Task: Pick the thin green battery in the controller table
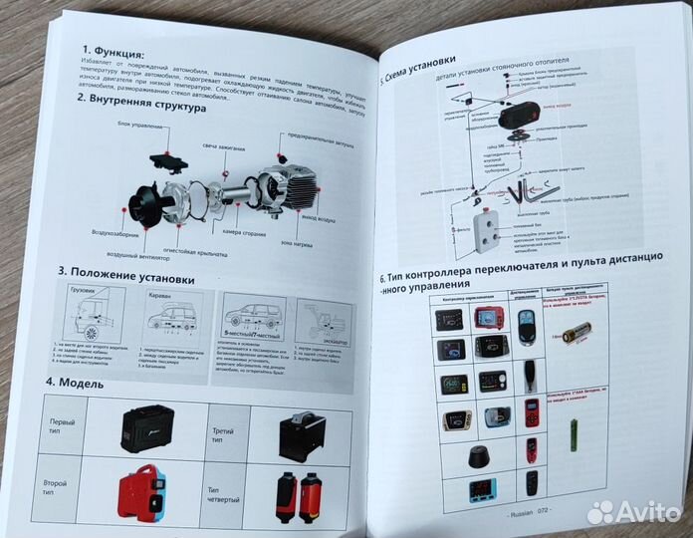[573, 435]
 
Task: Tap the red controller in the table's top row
[488, 319]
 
